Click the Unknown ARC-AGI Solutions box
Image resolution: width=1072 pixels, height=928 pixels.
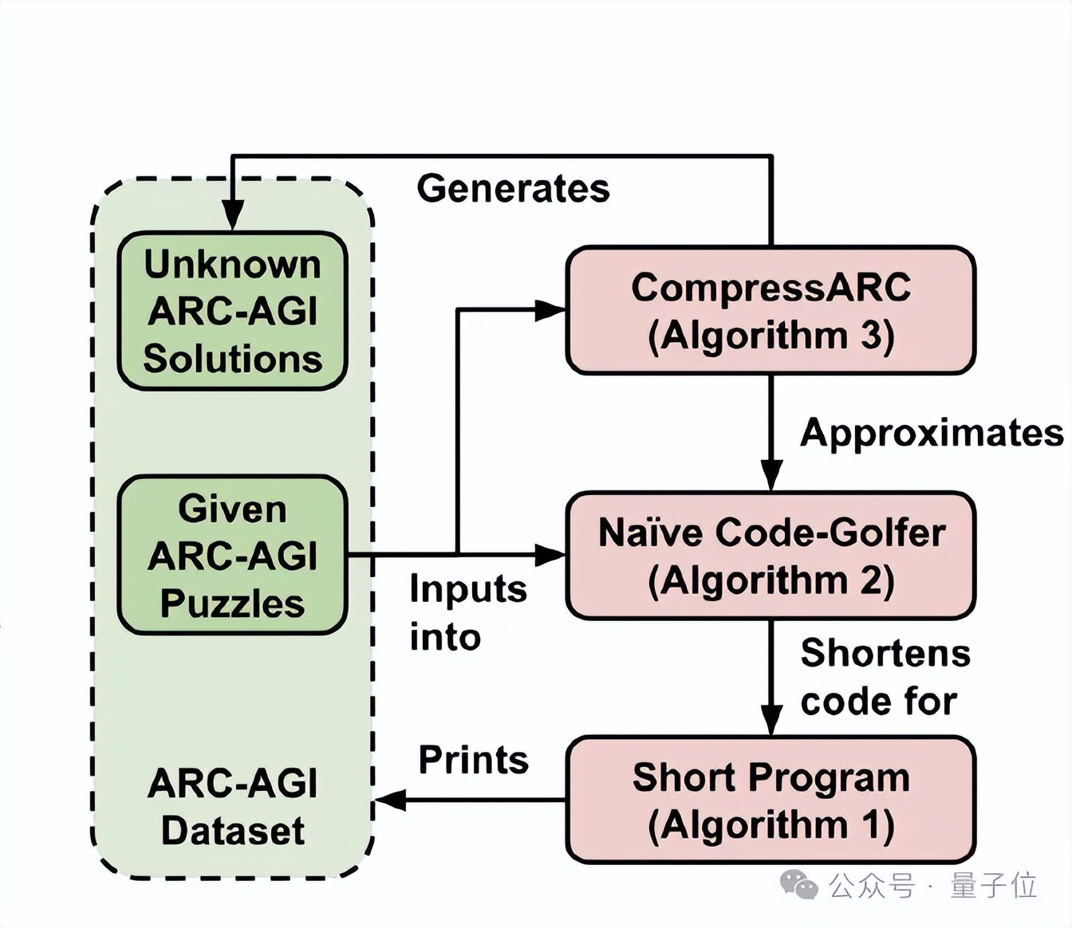[x=232, y=311]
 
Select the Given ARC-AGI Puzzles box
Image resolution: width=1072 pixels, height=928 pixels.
[x=232, y=555]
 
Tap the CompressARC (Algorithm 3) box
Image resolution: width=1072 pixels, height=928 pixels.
[x=770, y=311]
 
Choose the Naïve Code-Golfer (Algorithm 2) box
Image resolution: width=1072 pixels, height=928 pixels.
[x=770, y=556]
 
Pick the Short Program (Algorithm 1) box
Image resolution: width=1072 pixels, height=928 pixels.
[x=770, y=800]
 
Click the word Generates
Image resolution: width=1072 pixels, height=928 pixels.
[x=513, y=189]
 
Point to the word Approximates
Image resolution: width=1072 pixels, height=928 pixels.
[x=931, y=433]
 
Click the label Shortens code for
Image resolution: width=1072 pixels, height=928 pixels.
[x=885, y=677]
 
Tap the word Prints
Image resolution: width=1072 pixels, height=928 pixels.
[x=474, y=760]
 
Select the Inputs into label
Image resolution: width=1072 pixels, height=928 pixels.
[x=467, y=613]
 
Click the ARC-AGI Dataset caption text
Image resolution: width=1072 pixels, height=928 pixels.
[x=232, y=807]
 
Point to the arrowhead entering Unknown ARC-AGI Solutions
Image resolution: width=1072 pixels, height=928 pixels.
[x=232, y=215]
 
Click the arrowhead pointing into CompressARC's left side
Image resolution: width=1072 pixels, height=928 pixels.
[x=550, y=310]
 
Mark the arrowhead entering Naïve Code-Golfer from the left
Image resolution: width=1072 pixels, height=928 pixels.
[x=550, y=555]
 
